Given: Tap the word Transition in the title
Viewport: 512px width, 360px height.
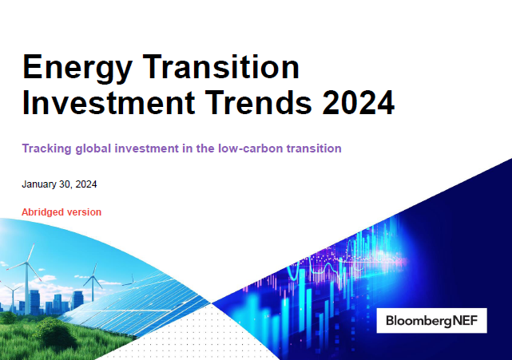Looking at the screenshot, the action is tap(221, 66).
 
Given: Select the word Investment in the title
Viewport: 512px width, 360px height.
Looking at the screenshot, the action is tap(109, 102).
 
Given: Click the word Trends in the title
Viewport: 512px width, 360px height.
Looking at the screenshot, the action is tap(259, 102).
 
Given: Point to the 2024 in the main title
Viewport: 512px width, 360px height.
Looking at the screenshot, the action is tap(359, 102).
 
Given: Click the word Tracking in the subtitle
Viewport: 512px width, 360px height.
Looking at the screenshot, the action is tap(46, 148).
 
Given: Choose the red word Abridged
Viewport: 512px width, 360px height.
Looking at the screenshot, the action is tap(42, 212).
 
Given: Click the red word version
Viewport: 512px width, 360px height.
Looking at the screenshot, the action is tap(82, 212).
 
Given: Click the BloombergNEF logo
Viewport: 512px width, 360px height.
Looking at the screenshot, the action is tap(431, 321).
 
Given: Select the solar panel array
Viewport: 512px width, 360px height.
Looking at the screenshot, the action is tap(137, 303).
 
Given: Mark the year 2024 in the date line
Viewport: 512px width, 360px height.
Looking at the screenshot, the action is tap(86, 184).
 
